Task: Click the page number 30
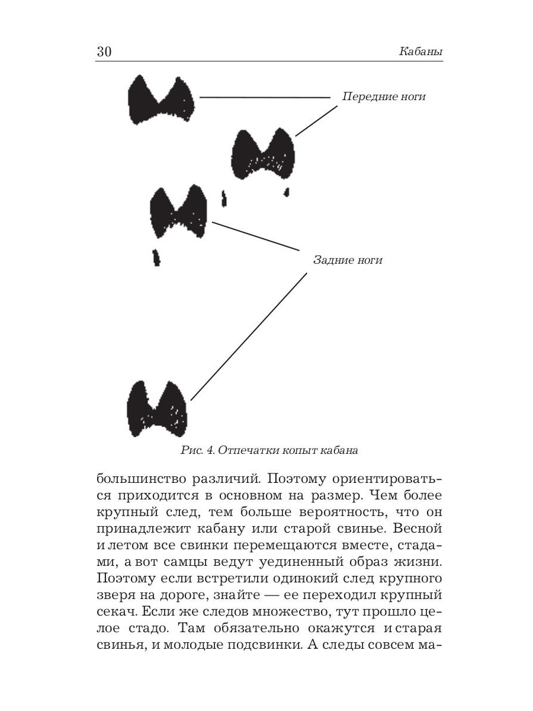click(x=104, y=52)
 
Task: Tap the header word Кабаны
click(x=421, y=52)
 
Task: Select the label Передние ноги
click(x=383, y=97)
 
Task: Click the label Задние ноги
click(x=348, y=260)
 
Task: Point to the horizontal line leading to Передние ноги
click(x=264, y=97)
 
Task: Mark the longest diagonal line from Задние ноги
click(x=249, y=337)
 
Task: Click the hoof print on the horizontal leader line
click(x=161, y=100)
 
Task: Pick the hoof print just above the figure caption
click(x=157, y=408)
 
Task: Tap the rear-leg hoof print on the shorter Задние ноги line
click(x=178, y=212)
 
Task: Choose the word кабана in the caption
click(x=339, y=450)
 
